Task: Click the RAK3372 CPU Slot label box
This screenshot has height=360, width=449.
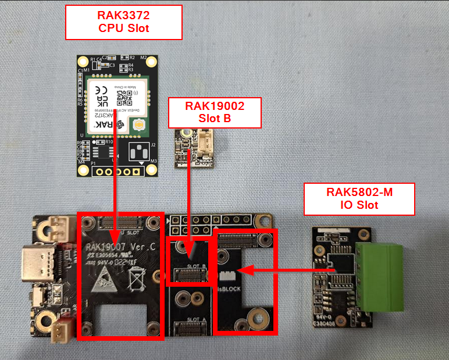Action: click(x=123, y=22)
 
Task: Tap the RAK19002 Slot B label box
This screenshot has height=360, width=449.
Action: click(x=215, y=112)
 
